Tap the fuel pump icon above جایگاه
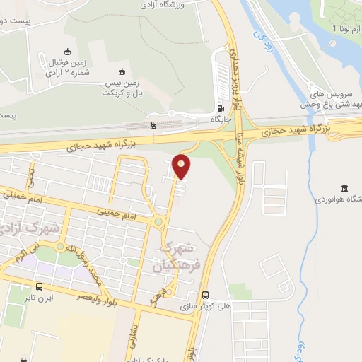point(221,109)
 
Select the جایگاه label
point(221,119)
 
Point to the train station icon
point(153,125)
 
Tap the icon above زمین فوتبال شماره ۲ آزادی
point(67,51)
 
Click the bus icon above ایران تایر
point(38,287)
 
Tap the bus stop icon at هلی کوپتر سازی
point(206,295)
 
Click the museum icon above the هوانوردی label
point(344,187)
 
